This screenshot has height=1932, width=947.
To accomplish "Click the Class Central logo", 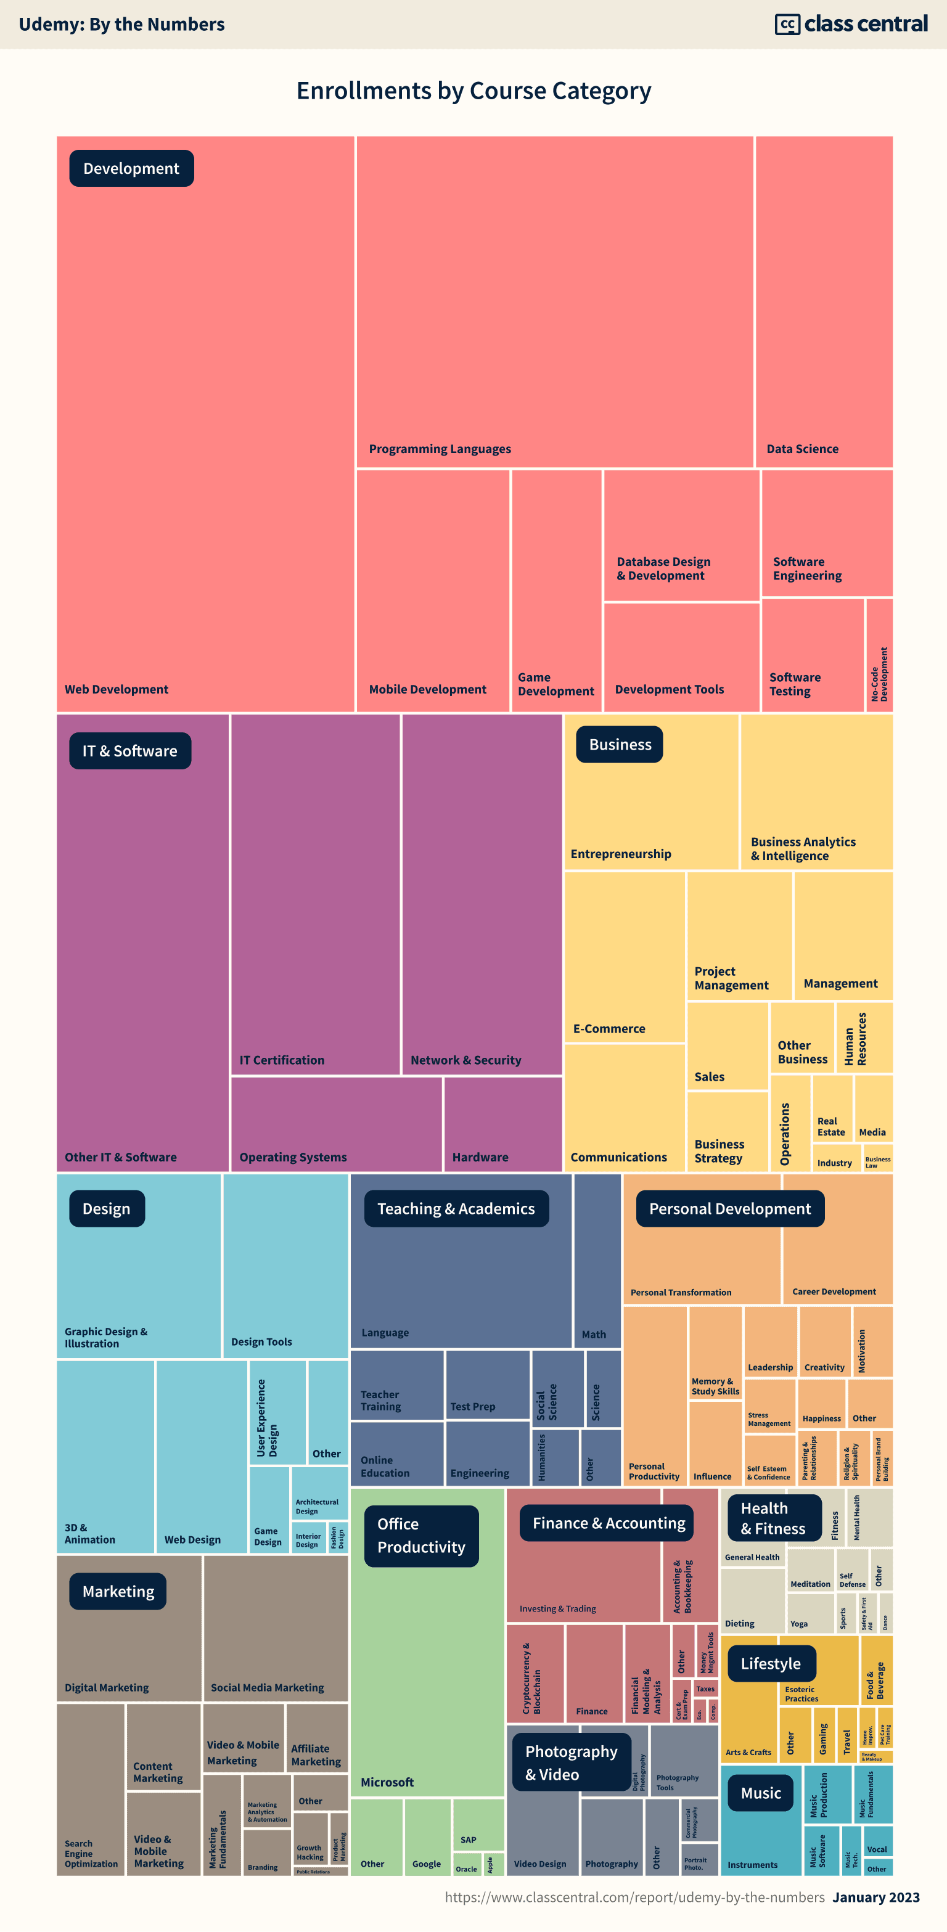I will click(x=851, y=24).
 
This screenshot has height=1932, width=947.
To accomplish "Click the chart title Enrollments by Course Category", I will click(x=473, y=91).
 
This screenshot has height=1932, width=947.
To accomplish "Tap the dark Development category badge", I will click(x=131, y=169).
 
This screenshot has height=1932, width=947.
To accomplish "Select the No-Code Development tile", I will click(x=879, y=655).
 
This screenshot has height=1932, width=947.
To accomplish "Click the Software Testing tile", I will click(x=812, y=655).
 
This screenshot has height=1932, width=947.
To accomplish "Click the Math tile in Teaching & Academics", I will click(x=597, y=1261).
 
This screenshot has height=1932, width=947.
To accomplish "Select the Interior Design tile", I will click(x=308, y=1537).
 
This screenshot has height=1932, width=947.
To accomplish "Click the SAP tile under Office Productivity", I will click(x=478, y=1825).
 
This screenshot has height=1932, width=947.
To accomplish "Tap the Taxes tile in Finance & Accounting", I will click(x=705, y=1688).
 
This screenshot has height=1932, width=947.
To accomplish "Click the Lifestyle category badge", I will click(x=770, y=1663).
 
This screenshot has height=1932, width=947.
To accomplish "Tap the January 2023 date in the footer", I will click(x=875, y=1897).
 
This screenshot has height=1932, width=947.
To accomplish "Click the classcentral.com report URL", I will click(x=634, y=1897).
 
